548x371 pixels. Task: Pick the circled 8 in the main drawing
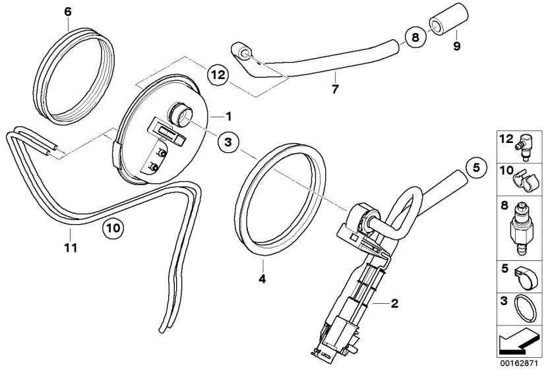tap(414, 38)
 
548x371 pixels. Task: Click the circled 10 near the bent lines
tap(112, 229)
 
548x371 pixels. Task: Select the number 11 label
tap(71, 248)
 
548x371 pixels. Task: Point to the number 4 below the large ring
tap(262, 279)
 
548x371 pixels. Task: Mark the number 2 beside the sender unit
tap(394, 304)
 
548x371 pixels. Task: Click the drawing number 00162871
tap(519, 363)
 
